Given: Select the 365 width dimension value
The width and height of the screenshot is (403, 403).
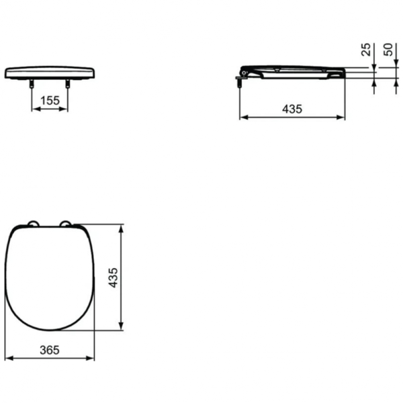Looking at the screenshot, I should (x=50, y=349).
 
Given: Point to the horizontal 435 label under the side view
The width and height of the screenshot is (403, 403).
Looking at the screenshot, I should (x=292, y=108).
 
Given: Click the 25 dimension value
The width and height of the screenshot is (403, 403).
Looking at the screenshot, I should (x=365, y=49).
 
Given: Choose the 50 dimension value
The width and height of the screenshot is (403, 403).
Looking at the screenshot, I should (x=388, y=49).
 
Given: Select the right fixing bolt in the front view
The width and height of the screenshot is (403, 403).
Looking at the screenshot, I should (x=67, y=83).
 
